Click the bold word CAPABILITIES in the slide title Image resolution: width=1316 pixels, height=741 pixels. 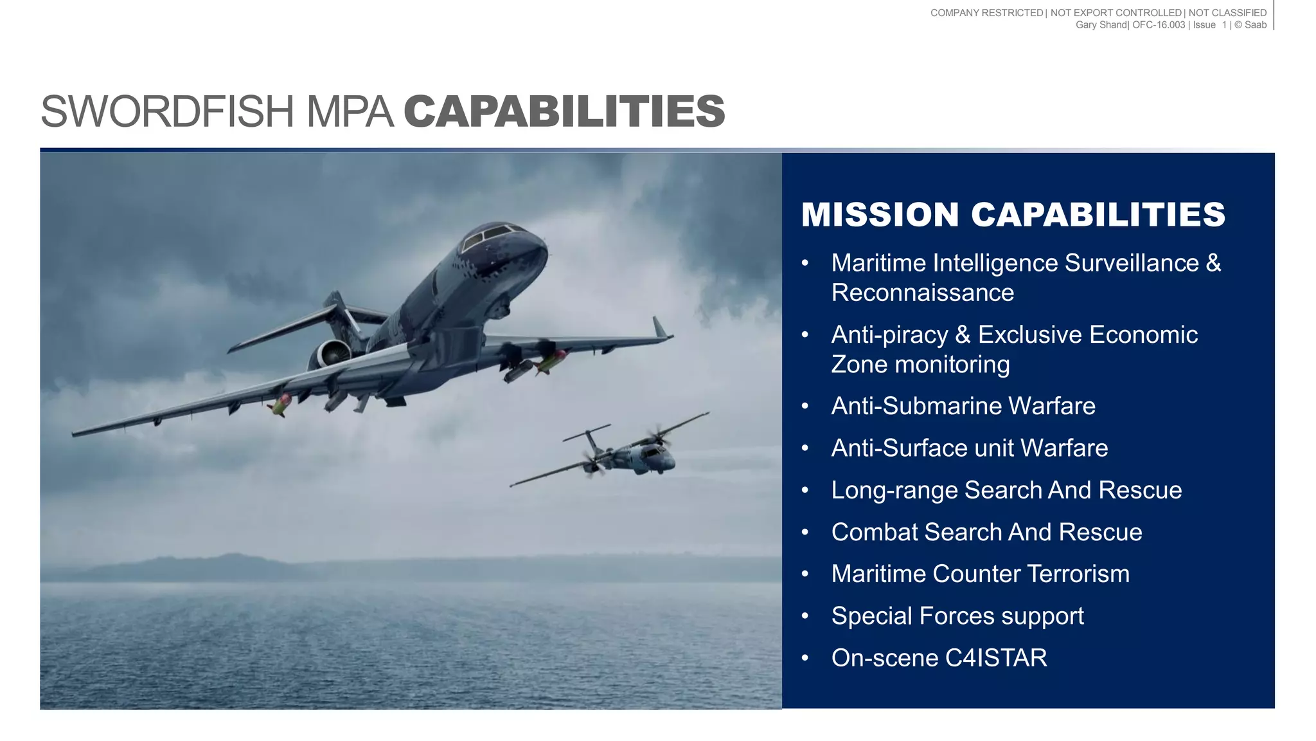tap(564, 112)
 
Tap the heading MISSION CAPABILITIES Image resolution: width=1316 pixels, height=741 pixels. tap(1013, 215)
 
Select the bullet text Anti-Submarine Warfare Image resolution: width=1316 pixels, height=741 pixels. tap(963, 407)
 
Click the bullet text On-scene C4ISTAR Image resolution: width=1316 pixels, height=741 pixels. tap(939, 658)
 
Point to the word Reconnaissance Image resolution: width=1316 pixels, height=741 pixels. tap(922, 293)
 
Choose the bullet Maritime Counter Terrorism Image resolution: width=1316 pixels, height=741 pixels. tap(980, 574)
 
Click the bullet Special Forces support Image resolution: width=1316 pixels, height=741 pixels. tap(957, 616)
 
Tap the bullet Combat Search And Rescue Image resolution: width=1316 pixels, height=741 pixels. tap(986, 533)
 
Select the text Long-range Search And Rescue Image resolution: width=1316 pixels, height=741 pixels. tap(1006, 490)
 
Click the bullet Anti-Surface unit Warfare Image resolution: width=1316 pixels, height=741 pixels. tap(969, 448)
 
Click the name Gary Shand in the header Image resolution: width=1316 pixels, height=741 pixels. tap(1101, 25)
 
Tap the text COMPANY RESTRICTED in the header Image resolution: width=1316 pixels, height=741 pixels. tap(986, 13)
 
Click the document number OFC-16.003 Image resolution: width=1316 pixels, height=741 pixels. tap(1158, 25)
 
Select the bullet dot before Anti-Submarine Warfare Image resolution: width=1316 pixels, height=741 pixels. tap(805, 407)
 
